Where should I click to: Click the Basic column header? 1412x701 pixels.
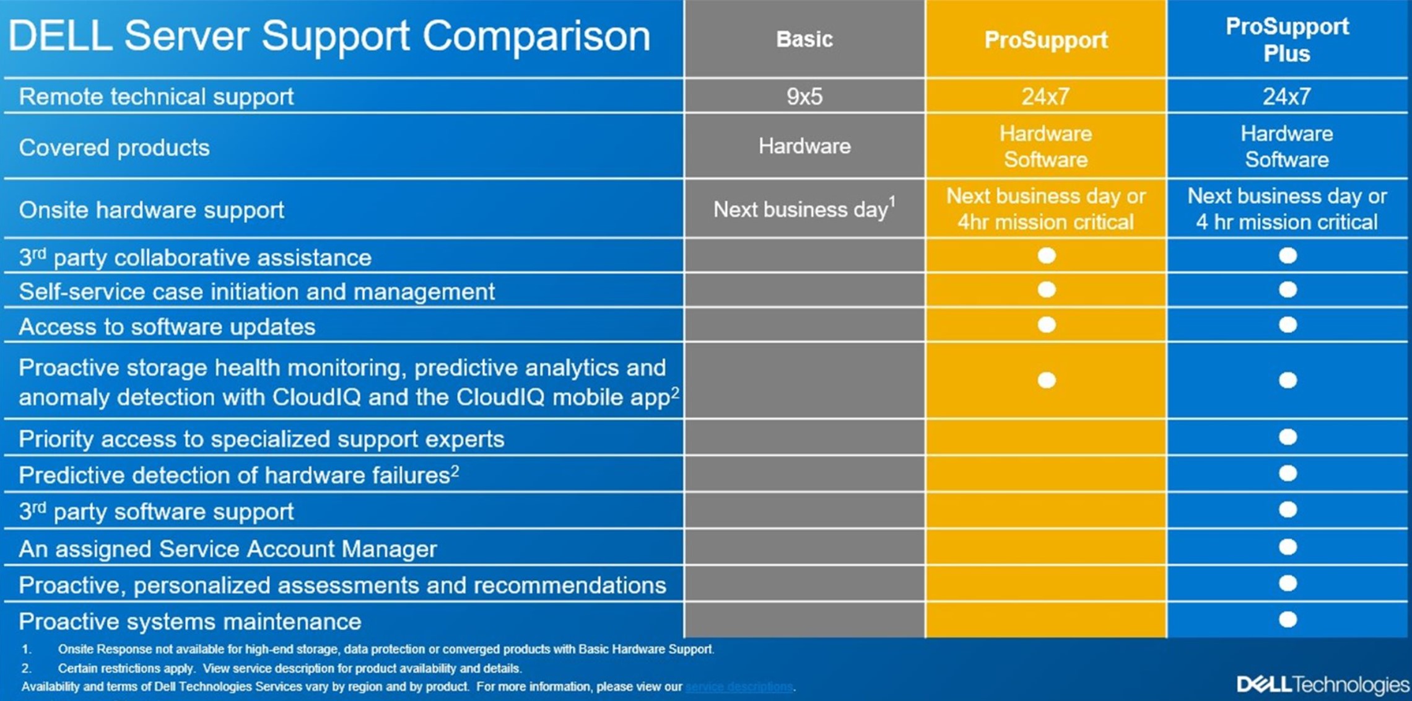pos(804,39)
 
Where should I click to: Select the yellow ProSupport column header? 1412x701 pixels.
pos(1045,40)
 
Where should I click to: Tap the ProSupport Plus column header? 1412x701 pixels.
pos(1287,40)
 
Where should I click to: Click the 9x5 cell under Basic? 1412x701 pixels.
pos(804,97)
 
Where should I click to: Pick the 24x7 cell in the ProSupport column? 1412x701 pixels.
pos(1045,97)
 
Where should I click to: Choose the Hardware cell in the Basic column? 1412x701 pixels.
pos(804,146)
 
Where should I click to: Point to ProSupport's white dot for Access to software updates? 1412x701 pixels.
pos(1046,325)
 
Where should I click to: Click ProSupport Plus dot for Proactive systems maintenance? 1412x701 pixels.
pos(1288,620)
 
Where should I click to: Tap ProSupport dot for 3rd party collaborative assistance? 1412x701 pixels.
pos(1046,255)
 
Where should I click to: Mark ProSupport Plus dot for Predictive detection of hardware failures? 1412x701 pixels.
pos(1288,474)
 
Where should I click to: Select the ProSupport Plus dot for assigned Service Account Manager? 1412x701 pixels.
pos(1288,547)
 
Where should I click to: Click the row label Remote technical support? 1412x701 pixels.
pos(156,97)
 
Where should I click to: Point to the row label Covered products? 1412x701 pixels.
pos(114,148)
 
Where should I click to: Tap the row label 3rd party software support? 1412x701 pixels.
pos(156,512)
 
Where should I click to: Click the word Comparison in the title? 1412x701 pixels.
pos(536,36)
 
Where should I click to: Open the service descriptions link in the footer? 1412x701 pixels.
pos(739,687)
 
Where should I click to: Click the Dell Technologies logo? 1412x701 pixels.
pos(1322,684)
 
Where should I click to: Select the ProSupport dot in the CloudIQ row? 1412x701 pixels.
pos(1046,380)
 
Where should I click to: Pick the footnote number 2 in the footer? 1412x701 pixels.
pos(26,668)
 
